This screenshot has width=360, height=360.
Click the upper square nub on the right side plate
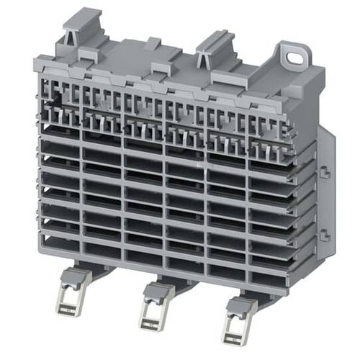(x=325, y=172)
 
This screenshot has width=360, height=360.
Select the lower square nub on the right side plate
(x=325, y=234)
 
